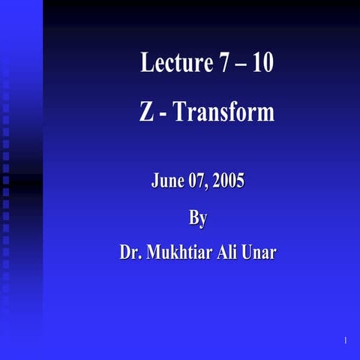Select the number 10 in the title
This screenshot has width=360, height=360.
[x=262, y=63]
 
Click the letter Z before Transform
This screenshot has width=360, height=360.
[x=147, y=112]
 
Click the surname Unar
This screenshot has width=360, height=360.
[x=259, y=253]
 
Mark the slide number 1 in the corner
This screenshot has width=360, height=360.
[x=345, y=341]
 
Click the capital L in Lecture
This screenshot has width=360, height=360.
[x=146, y=63]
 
